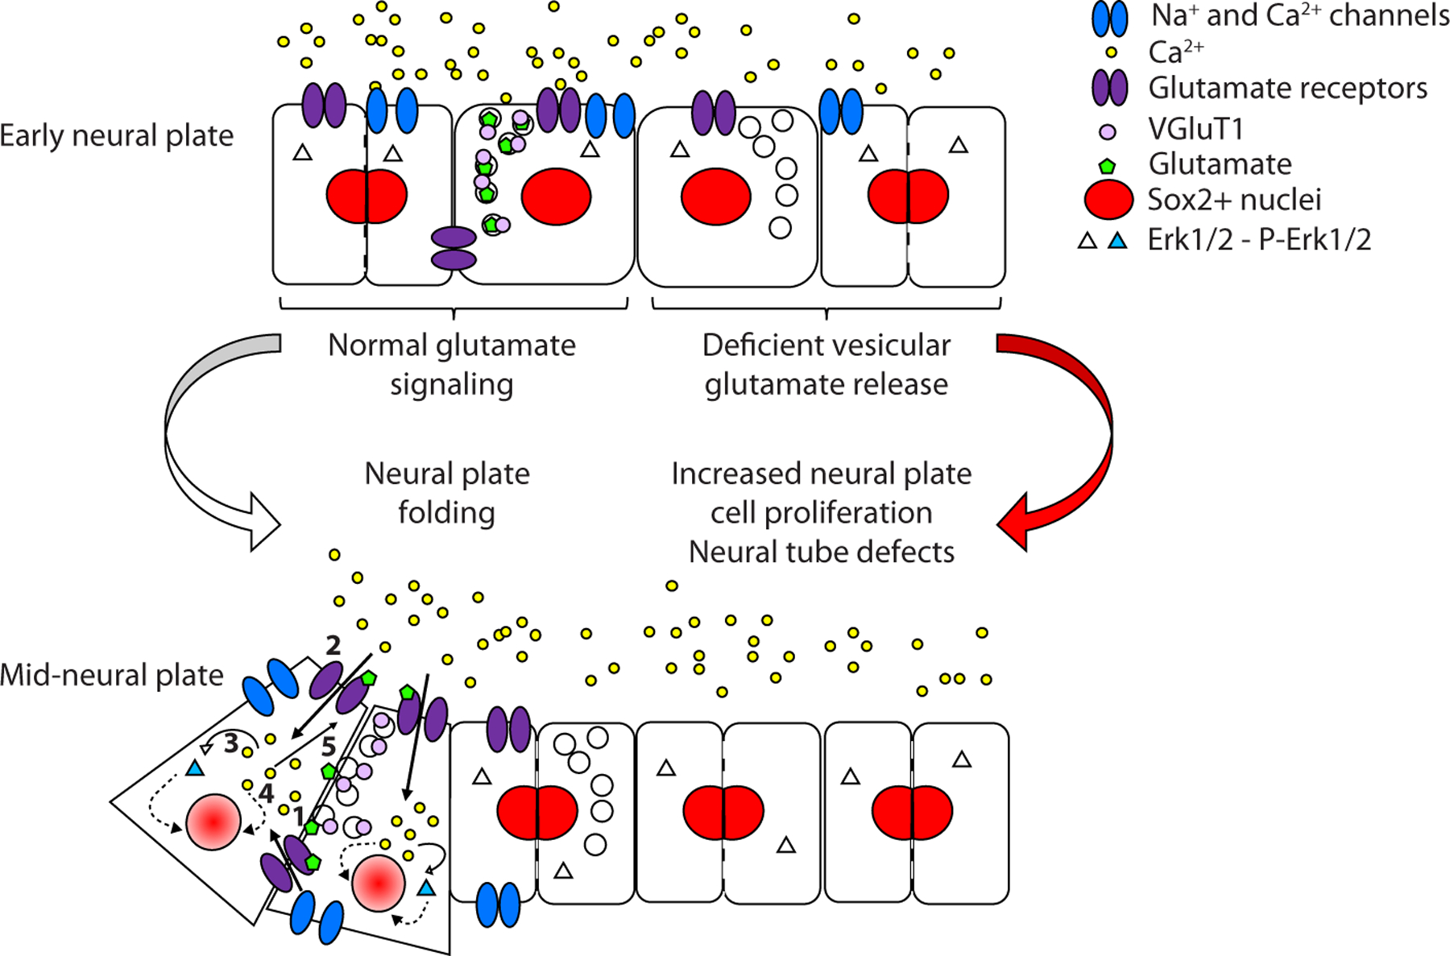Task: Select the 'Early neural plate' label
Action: click(117, 135)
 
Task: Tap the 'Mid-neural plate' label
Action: click(112, 675)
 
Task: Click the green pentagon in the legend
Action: click(1108, 165)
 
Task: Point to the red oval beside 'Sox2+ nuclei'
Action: click(1109, 201)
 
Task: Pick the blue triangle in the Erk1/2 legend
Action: click(1117, 240)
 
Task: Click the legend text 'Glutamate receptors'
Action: click(1287, 88)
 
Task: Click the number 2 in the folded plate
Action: click(333, 644)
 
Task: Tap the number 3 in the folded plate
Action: click(231, 743)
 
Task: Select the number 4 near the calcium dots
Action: click(267, 793)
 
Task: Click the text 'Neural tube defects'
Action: click(822, 552)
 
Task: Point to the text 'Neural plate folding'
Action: click(447, 493)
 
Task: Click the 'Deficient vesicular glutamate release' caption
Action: click(826, 365)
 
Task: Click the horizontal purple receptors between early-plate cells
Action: click(454, 248)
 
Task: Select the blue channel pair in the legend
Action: click(1109, 19)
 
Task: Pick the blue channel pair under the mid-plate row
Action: click(498, 904)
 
